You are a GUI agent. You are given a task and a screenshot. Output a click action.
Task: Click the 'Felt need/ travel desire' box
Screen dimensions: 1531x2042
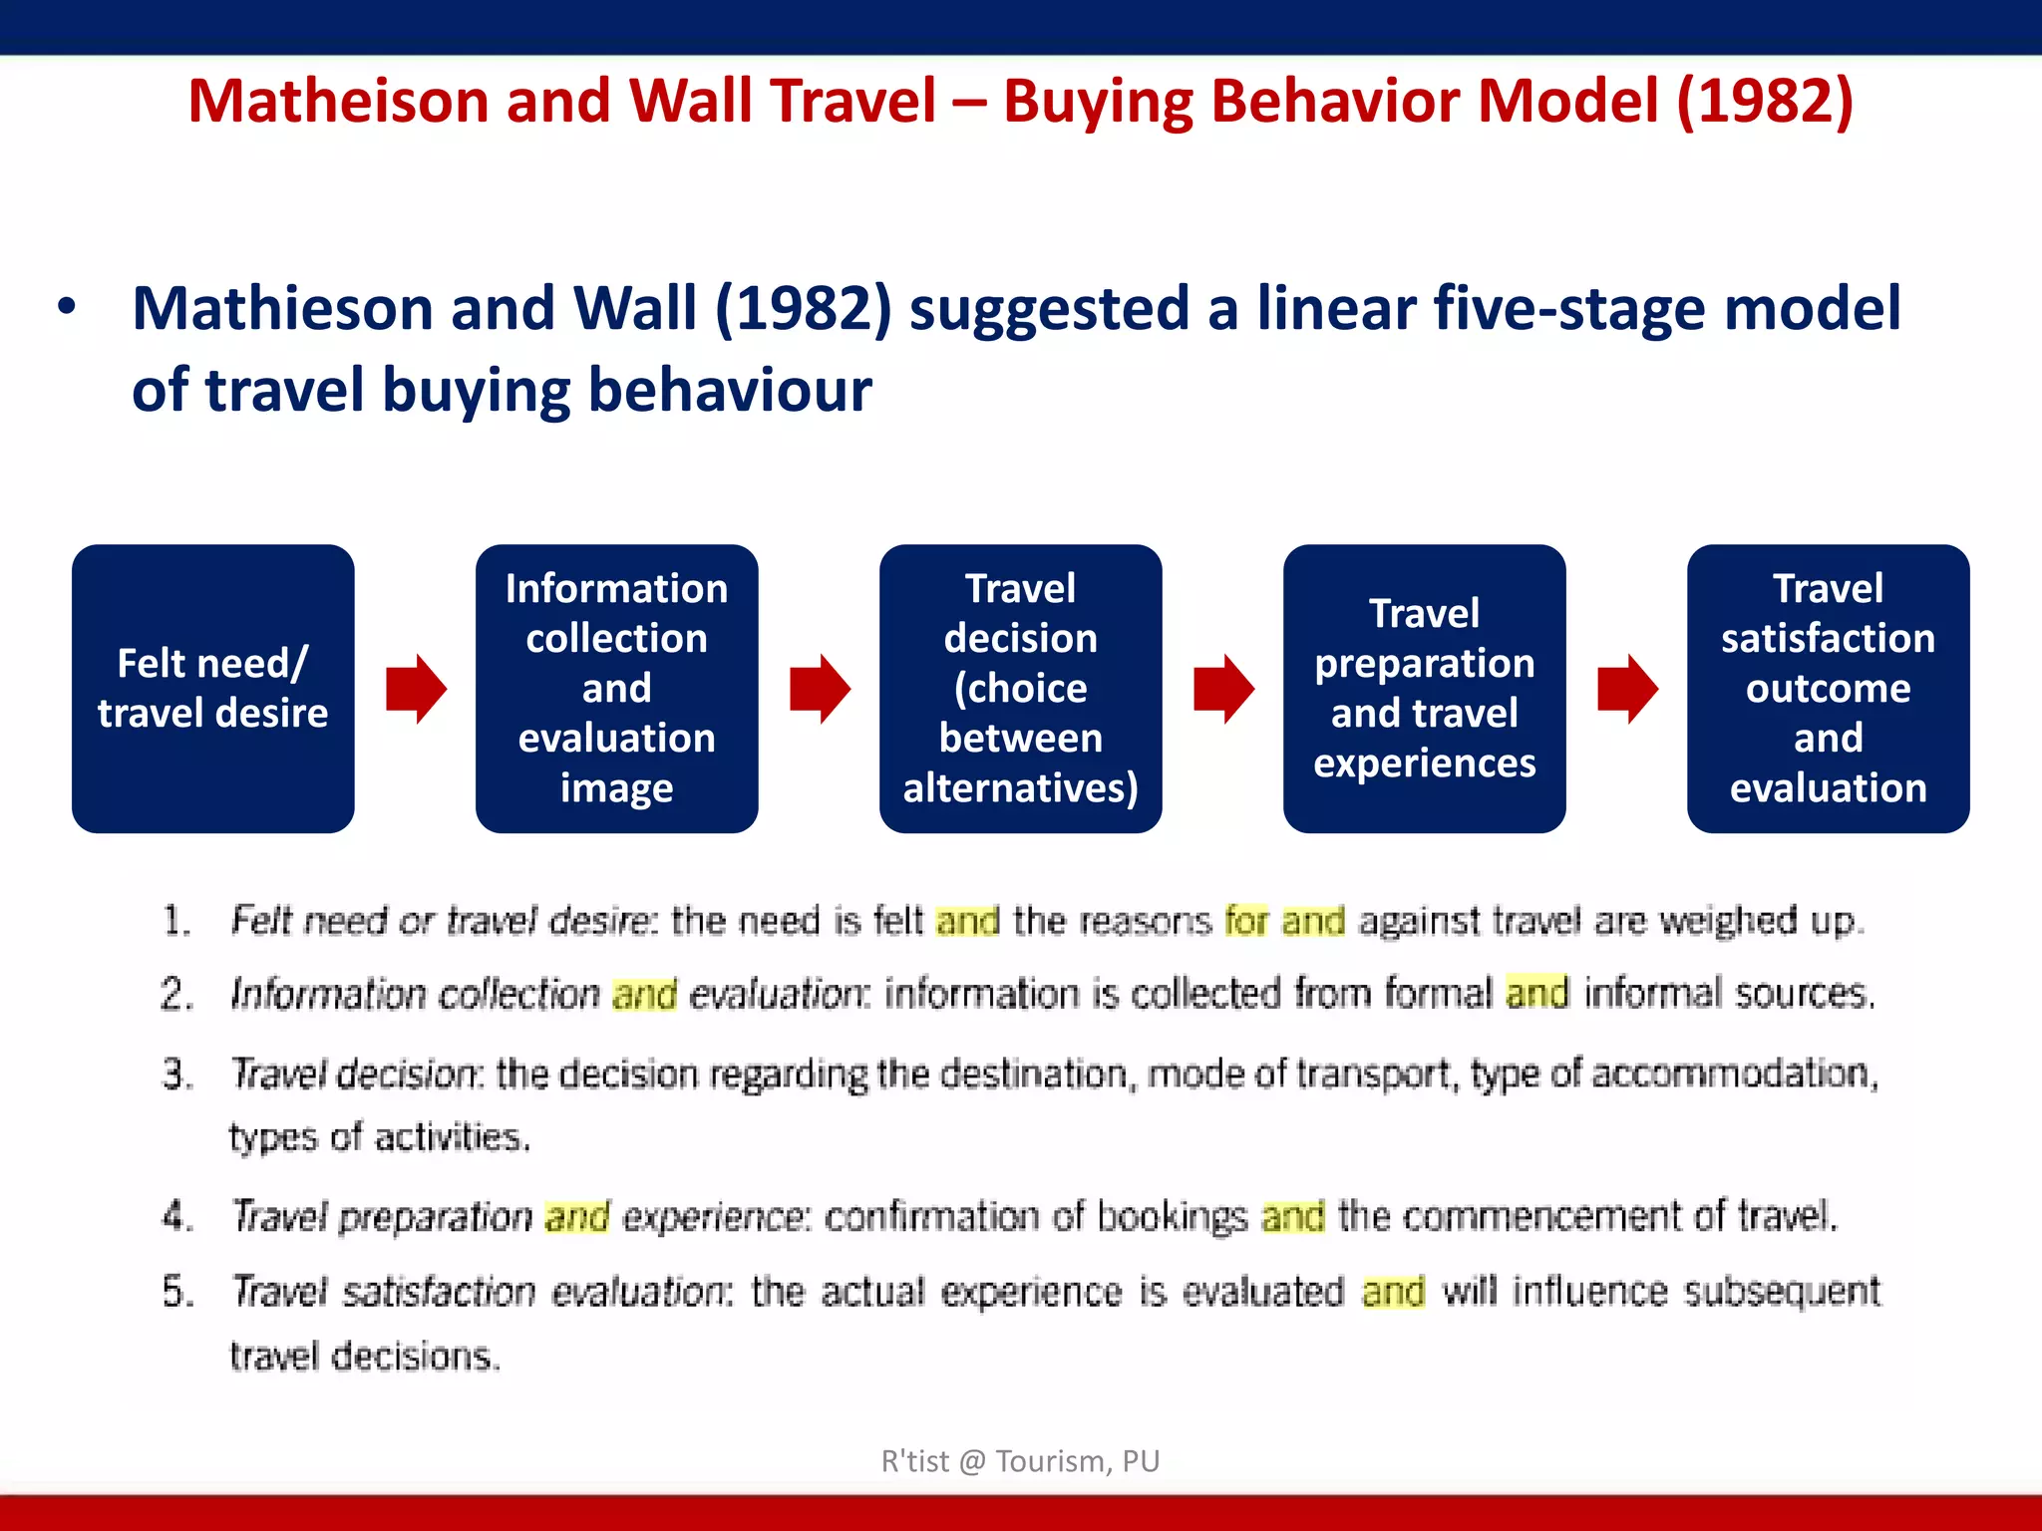[x=212, y=688]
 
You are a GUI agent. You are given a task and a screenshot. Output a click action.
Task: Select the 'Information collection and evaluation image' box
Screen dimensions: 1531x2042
[x=616, y=688]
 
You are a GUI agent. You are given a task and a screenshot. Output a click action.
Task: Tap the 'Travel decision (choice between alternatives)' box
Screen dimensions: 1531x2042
[x=1020, y=688]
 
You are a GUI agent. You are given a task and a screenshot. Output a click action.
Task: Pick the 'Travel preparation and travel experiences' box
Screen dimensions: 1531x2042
[x=1424, y=688]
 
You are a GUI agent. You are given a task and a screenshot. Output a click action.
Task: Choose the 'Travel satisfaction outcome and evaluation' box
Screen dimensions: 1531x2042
[x=1828, y=688]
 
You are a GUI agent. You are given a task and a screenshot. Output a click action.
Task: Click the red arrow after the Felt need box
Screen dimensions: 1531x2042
[x=416, y=689]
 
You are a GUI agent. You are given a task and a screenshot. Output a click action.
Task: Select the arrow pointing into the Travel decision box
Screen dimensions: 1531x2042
[x=820, y=689]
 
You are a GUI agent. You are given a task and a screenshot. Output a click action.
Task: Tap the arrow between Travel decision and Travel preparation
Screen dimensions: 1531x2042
[x=1223, y=689]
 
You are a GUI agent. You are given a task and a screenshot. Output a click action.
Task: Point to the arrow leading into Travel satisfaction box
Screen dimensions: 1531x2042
[x=1627, y=689]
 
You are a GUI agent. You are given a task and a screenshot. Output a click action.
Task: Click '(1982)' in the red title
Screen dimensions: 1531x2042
[x=1765, y=102]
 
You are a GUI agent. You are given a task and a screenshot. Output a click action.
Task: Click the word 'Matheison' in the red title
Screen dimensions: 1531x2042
[x=337, y=102]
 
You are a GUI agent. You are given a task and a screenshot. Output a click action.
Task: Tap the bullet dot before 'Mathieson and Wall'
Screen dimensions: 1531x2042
[x=66, y=307]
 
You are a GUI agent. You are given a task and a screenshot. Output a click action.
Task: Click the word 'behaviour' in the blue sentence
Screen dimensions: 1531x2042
[x=730, y=390]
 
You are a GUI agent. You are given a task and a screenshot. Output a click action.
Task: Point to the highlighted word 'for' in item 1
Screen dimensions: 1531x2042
[x=1246, y=920]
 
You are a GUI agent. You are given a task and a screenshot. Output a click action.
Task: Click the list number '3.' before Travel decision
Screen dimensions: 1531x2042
[x=177, y=1074]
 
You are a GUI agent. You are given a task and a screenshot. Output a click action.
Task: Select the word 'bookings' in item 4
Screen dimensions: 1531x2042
[x=1172, y=1217]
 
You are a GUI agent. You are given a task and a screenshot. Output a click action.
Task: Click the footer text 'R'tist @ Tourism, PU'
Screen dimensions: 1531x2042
[x=1020, y=1461]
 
